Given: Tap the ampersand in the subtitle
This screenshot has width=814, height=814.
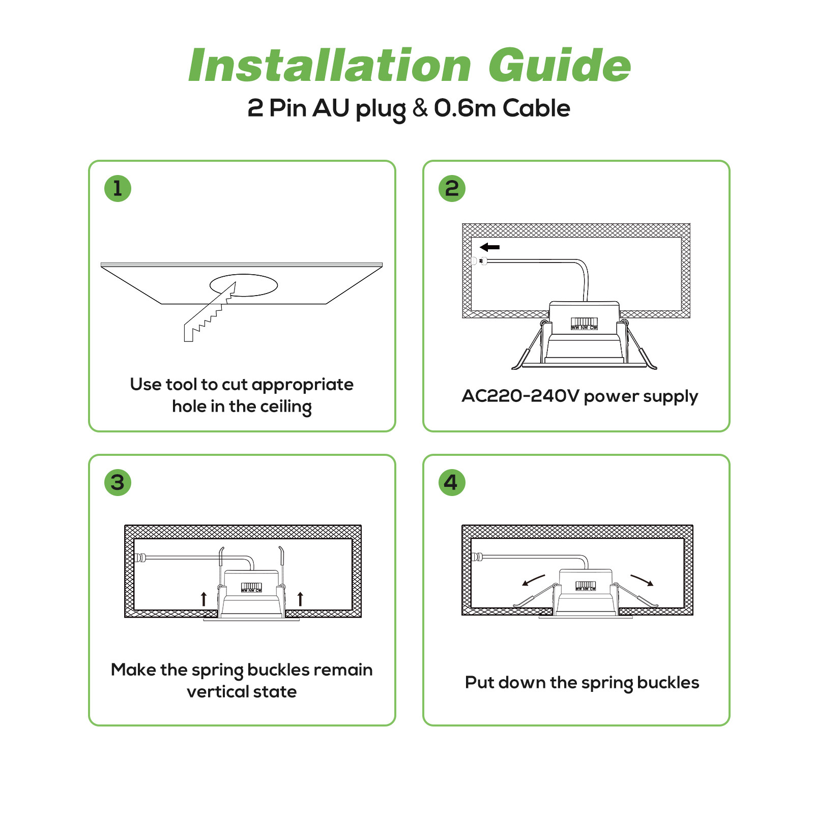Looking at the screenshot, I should click(x=420, y=108).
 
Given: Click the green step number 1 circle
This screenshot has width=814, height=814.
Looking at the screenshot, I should click(x=118, y=188).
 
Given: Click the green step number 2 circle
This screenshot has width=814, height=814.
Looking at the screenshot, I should click(x=452, y=188).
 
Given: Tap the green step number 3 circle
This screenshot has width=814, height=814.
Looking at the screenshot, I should click(x=118, y=482).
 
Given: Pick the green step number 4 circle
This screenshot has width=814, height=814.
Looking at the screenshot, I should click(x=452, y=482).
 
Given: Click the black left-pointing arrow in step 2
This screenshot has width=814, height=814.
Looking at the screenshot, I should click(x=490, y=247).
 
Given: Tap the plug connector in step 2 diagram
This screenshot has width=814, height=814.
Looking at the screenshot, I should click(x=478, y=261).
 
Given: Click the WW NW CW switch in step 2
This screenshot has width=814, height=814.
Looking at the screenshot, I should click(x=584, y=324).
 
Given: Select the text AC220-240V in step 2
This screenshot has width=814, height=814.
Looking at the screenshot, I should click(x=520, y=396).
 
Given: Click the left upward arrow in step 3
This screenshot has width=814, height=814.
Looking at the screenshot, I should click(x=203, y=599).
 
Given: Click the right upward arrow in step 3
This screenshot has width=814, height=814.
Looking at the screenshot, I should click(x=300, y=599).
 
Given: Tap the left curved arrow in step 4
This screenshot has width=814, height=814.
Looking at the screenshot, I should click(x=533, y=580).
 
